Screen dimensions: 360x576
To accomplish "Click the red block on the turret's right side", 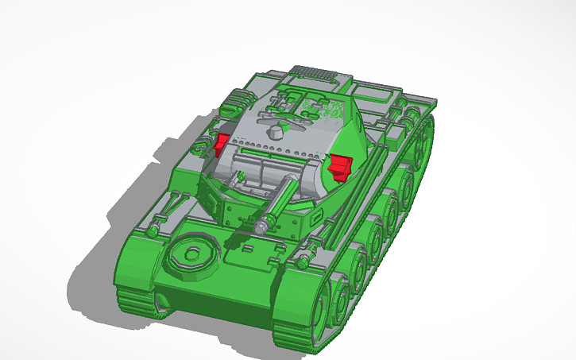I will (341, 166).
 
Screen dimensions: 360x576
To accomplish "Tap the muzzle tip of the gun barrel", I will (261, 226).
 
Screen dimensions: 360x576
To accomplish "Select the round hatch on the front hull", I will (190, 254).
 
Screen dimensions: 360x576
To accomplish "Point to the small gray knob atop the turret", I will (276, 131).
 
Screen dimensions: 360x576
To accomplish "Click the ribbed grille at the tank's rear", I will (315, 74).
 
